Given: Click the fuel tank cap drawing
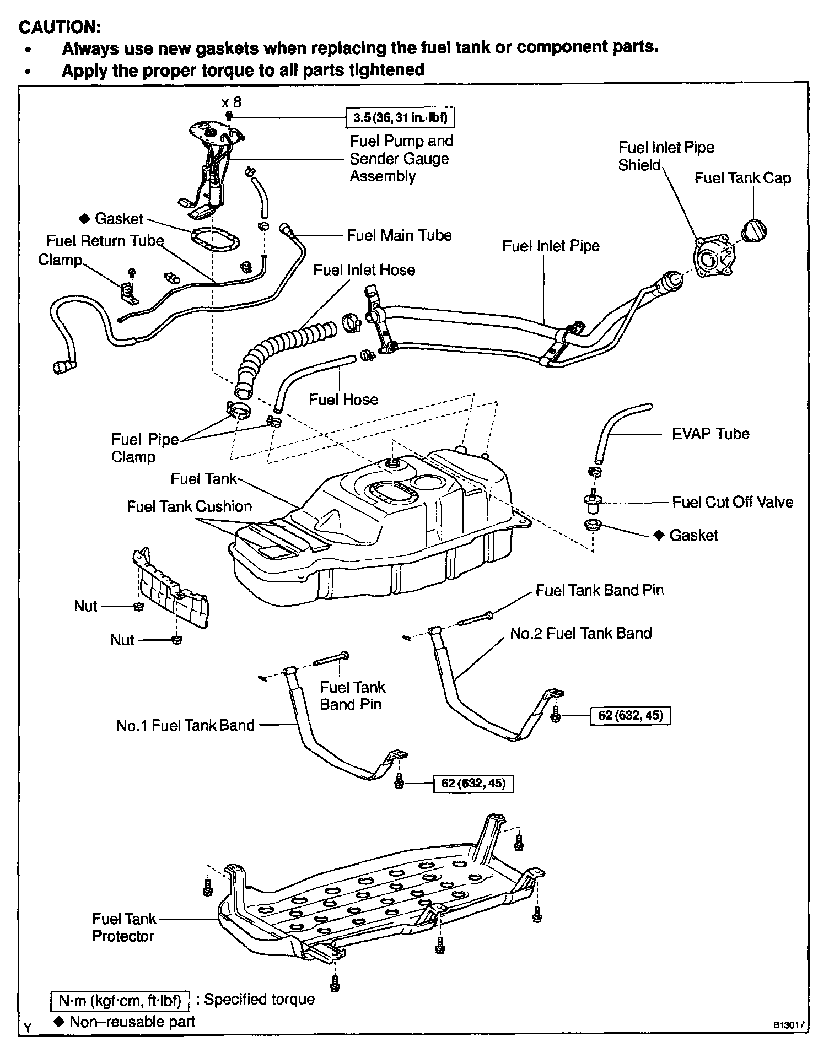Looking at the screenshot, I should tap(754, 230).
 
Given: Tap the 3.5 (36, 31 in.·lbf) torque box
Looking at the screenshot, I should tap(401, 117).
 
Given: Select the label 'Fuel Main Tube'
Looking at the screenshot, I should tap(399, 235).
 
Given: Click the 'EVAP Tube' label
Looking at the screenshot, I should tap(710, 434).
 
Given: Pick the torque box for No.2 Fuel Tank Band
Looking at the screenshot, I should tap(630, 716).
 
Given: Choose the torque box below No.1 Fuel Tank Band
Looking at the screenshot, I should tap(473, 783).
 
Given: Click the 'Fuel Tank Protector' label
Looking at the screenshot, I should tap(123, 927).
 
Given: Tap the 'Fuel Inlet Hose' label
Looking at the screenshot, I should tap(364, 270).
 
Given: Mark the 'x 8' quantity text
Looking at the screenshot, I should tap(231, 102).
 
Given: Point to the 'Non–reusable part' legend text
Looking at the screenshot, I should tap(132, 1022).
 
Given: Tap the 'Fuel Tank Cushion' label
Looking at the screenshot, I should tap(189, 506).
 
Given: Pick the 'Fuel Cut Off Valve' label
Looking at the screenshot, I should tap(733, 502).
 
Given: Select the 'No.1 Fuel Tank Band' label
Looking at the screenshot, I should tap(185, 725).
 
